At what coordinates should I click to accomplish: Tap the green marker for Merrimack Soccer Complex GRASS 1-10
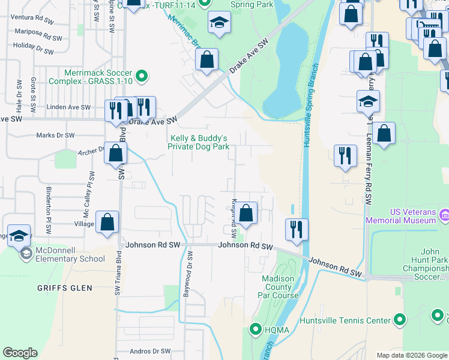tap(142, 76)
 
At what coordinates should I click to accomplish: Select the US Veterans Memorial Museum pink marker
tap(444, 215)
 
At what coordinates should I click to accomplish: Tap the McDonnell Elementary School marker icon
tap(26, 254)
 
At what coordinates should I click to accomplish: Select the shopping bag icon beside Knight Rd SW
tap(246, 212)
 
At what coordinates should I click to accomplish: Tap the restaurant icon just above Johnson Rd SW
tap(296, 229)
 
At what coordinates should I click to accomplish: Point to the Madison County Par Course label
tap(278, 287)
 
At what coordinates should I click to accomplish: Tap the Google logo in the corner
tap(20, 353)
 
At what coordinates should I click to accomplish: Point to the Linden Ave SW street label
tap(68, 107)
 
